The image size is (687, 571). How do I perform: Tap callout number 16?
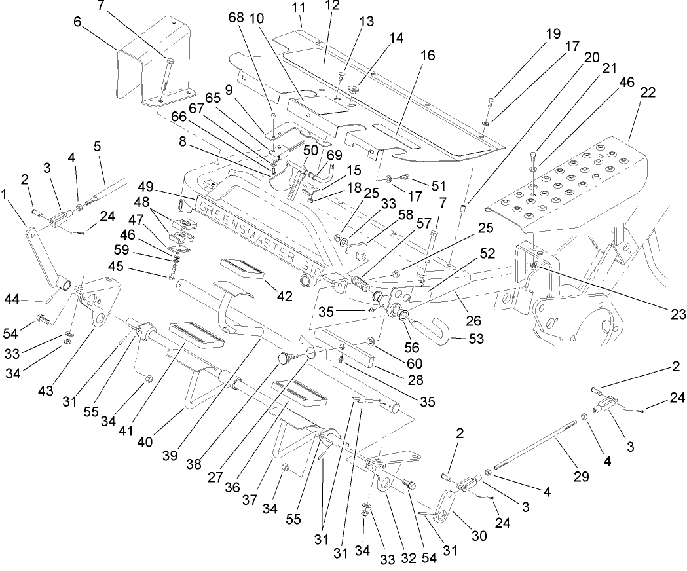click(x=428, y=56)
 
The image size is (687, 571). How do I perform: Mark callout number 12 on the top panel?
click(x=333, y=5)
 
